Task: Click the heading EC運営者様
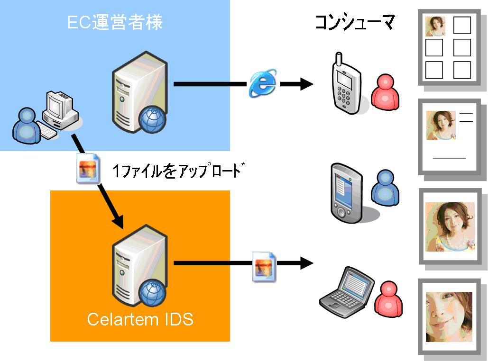[x=115, y=23]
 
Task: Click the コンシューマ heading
[x=354, y=22]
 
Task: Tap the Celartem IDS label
[x=140, y=319]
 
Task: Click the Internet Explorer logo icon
[x=263, y=84]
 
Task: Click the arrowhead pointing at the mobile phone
[x=306, y=84]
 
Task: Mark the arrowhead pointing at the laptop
[x=306, y=262]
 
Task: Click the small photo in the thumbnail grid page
[x=435, y=27]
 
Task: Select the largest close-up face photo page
[x=449, y=316]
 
